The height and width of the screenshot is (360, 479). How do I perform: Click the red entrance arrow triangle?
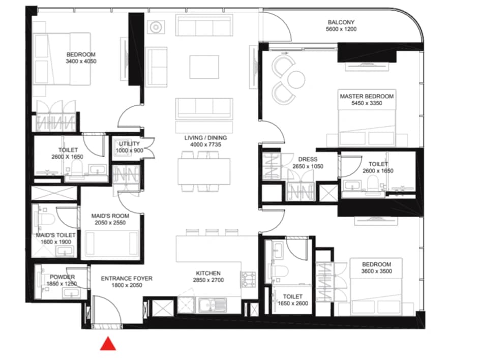pos(108,344)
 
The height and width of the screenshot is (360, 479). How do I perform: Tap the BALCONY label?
pos(341,22)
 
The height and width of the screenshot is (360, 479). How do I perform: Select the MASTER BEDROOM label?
pos(367,96)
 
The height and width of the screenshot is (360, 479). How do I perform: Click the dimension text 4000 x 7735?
pos(205,144)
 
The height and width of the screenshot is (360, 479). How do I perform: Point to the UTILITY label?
pos(129,143)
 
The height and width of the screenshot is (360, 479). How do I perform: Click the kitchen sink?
pos(213,305)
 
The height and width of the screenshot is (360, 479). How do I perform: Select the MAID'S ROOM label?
pos(110,216)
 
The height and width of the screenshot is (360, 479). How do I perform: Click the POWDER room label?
pos(63,277)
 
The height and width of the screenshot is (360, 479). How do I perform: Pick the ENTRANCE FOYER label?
pos(127,279)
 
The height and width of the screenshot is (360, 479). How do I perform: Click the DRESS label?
pos(308,159)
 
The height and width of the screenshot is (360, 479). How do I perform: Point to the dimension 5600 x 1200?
pos(341,29)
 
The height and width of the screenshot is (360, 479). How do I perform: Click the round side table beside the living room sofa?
pos(156,27)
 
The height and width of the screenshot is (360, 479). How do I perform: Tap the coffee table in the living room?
pos(204,67)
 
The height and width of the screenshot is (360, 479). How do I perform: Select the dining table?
pos(204,171)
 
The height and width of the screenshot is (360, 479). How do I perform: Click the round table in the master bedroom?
pos(296,79)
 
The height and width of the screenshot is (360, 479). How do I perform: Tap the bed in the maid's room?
pos(111,243)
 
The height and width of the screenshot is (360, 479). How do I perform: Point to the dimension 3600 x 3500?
pos(376,271)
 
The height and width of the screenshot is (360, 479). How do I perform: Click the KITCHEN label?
pos(208,273)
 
